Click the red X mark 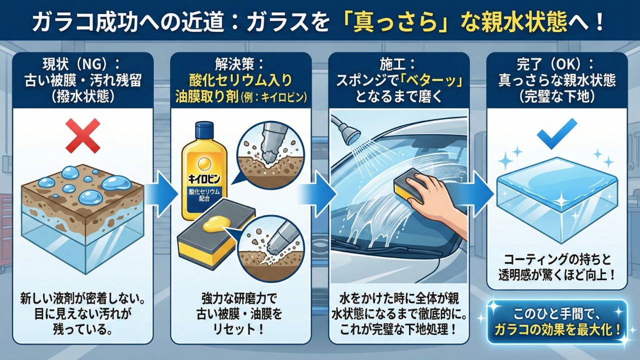click(x=83, y=136)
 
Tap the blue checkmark click(x=553, y=133)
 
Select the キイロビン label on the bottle click(x=204, y=179)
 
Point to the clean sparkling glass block click(x=557, y=200)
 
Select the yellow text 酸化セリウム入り click(x=240, y=81)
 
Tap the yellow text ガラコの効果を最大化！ click(x=557, y=331)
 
